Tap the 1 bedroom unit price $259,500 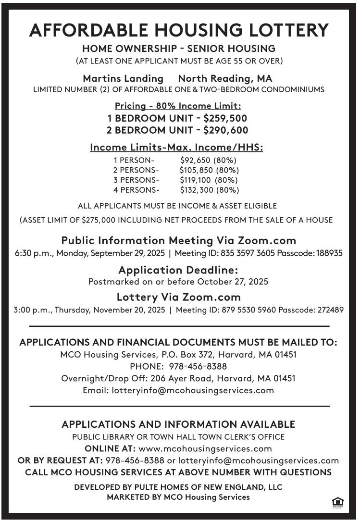click(x=226, y=118)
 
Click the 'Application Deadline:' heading click(x=178, y=270)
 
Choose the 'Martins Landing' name click(x=123, y=78)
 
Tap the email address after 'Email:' click(x=193, y=390)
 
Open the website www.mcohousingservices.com click(x=205, y=449)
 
